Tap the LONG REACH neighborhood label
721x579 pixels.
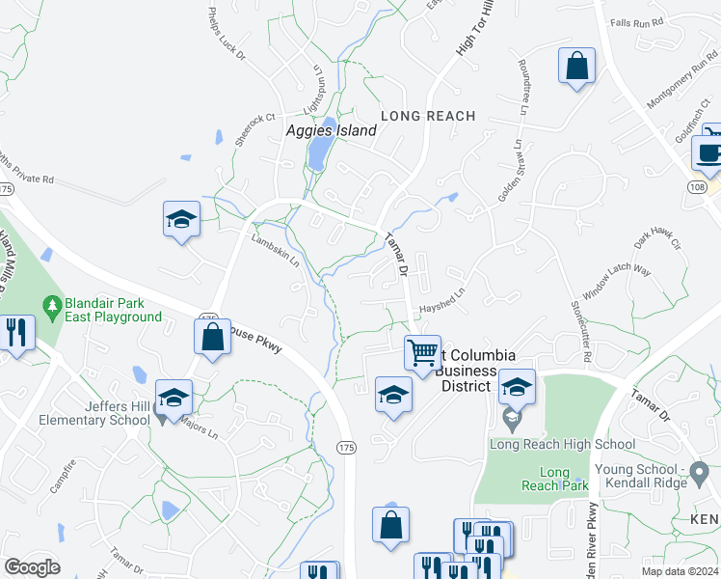pyautogui.click(x=428, y=116)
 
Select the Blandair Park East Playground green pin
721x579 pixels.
pyautogui.click(x=53, y=307)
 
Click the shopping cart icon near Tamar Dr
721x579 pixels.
pyautogui.click(x=422, y=352)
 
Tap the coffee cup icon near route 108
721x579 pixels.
pyautogui.click(x=708, y=152)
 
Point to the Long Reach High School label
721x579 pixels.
pyautogui.click(x=562, y=445)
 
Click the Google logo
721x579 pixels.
pyautogui.click(x=32, y=566)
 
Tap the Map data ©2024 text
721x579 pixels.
pyautogui.click(x=681, y=571)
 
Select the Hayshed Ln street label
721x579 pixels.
pyautogui.click(x=442, y=301)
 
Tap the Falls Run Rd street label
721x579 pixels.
pyautogui.click(x=637, y=21)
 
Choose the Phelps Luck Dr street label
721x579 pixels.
pyautogui.click(x=227, y=35)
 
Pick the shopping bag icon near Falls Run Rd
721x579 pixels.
pyautogui.click(x=576, y=67)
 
